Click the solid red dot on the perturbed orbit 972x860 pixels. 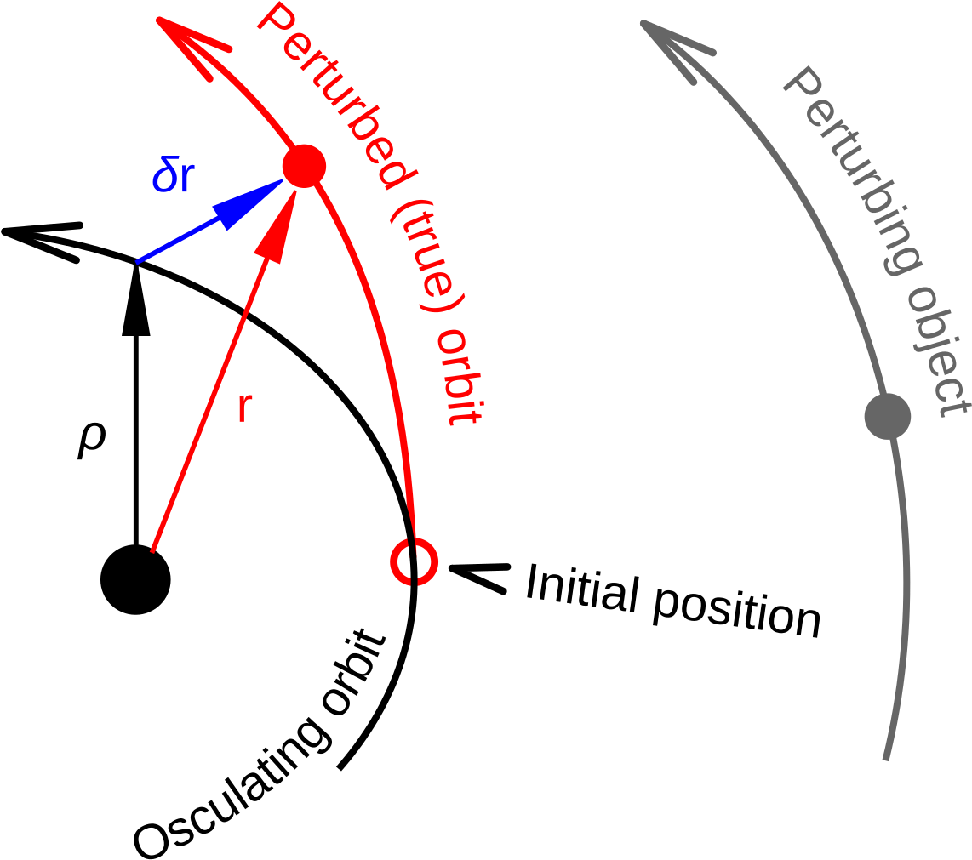point(304,166)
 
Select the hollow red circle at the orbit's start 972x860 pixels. point(414,562)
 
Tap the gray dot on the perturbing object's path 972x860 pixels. point(888,417)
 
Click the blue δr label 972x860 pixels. point(174,178)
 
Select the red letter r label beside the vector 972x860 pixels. point(244,409)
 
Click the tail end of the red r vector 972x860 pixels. point(152,552)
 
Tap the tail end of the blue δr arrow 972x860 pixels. point(138,262)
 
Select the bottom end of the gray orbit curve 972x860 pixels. point(886,759)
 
